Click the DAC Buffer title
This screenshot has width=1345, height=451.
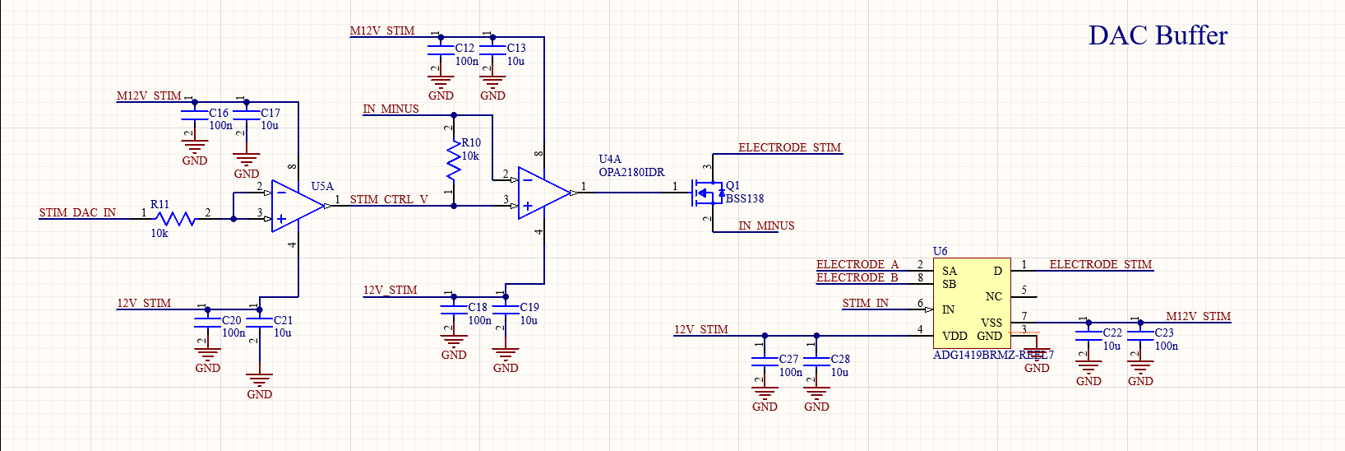click(x=1158, y=35)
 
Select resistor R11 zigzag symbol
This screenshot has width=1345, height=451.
click(x=175, y=219)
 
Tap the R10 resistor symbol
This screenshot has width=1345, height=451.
click(x=454, y=160)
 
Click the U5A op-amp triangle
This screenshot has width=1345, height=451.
click(x=297, y=206)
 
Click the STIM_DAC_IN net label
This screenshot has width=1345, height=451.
click(x=77, y=212)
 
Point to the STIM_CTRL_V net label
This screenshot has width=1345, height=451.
click(x=389, y=199)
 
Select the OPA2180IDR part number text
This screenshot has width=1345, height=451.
click(x=631, y=172)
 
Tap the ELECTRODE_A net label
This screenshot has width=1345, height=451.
click(x=857, y=264)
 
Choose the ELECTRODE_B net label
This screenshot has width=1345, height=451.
click(x=857, y=277)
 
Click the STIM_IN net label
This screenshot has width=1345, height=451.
click(x=865, y=303)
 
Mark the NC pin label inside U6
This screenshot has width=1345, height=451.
click(x=994, y=296)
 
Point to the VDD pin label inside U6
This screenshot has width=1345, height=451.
click(x=954, y=336)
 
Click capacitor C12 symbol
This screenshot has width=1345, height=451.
click(x=441, y=54)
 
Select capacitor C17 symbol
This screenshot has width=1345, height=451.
click(x=246, y=119)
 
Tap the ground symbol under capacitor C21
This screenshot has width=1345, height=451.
click(x=259, y=381)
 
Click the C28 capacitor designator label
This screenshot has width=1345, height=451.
click(x=840, y=359)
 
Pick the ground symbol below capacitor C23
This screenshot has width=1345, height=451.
click(x=1140, y=367)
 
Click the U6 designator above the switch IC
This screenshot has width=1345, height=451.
click(x=940, y=251)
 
